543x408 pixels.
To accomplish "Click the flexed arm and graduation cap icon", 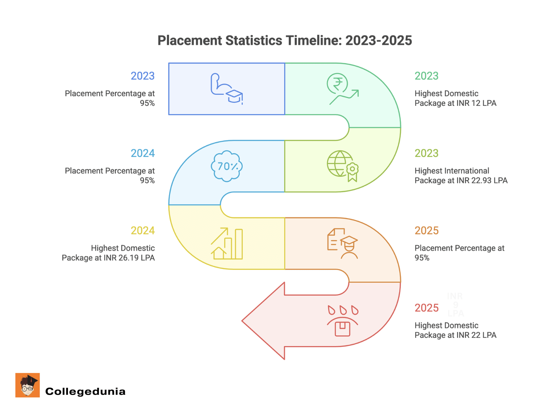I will pyautogui.click(x=226, y=89).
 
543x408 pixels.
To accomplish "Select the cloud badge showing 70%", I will pyautogui.click(x=227, y=166).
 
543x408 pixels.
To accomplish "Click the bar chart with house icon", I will pyautogui.click(x=227, y=243).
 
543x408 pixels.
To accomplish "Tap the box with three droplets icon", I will pyautogui.click(x=342, y=321).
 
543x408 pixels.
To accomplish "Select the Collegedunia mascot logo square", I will pyautogui.click(x=28, y=385).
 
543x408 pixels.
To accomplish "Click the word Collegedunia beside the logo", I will pyautogui.click(x=85, y=391).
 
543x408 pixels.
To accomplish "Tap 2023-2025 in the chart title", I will pyautogui.click(x=378, y=40).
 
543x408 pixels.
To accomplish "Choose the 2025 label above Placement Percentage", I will pyautogui.click(x=427, y=230).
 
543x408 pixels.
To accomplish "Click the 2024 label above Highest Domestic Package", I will pyautogui.click(x=143, y=230).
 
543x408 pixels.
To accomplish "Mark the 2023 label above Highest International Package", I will pyautogui.click(x=427, y=153).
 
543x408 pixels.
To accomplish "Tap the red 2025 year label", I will pyautogui.click(x=427, y=308).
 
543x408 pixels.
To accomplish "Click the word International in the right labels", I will pyautogui.click(x=467, y=171).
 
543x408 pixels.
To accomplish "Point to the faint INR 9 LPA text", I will pyautogui.click(x=455, y=305).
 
